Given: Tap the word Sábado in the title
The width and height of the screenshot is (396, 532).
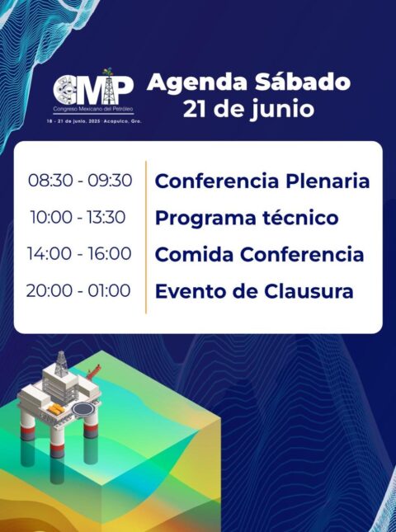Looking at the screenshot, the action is tap(303, 82).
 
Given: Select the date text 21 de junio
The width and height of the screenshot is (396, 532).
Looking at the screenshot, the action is tap(248, 109).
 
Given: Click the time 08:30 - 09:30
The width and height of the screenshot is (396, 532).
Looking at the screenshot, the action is tap(80, 180).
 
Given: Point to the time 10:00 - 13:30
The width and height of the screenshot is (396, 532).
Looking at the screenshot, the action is tap(78, 217).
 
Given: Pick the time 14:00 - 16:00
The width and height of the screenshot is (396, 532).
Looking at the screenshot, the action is tap(79, 254).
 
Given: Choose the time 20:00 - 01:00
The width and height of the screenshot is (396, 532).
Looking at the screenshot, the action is tap(78, 291).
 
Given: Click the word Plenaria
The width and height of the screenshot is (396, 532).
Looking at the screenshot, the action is tap(328, 181).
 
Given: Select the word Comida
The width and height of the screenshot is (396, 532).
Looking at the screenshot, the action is tap(194, 255).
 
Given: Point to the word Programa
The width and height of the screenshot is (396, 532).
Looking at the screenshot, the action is tap(205, 219).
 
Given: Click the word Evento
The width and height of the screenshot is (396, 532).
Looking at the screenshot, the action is tap(187, 291).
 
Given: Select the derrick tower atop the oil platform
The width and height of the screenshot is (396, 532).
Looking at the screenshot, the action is tap(61, 364).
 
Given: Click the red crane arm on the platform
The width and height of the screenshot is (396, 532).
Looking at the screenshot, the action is tap(93, 372).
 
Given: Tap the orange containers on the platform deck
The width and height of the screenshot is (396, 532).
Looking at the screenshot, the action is tap(56, 409).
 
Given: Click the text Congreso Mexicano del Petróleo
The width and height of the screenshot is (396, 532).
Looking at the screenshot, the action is tap(93, 109).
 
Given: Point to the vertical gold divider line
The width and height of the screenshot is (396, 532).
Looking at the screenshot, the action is tap(146, 237).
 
